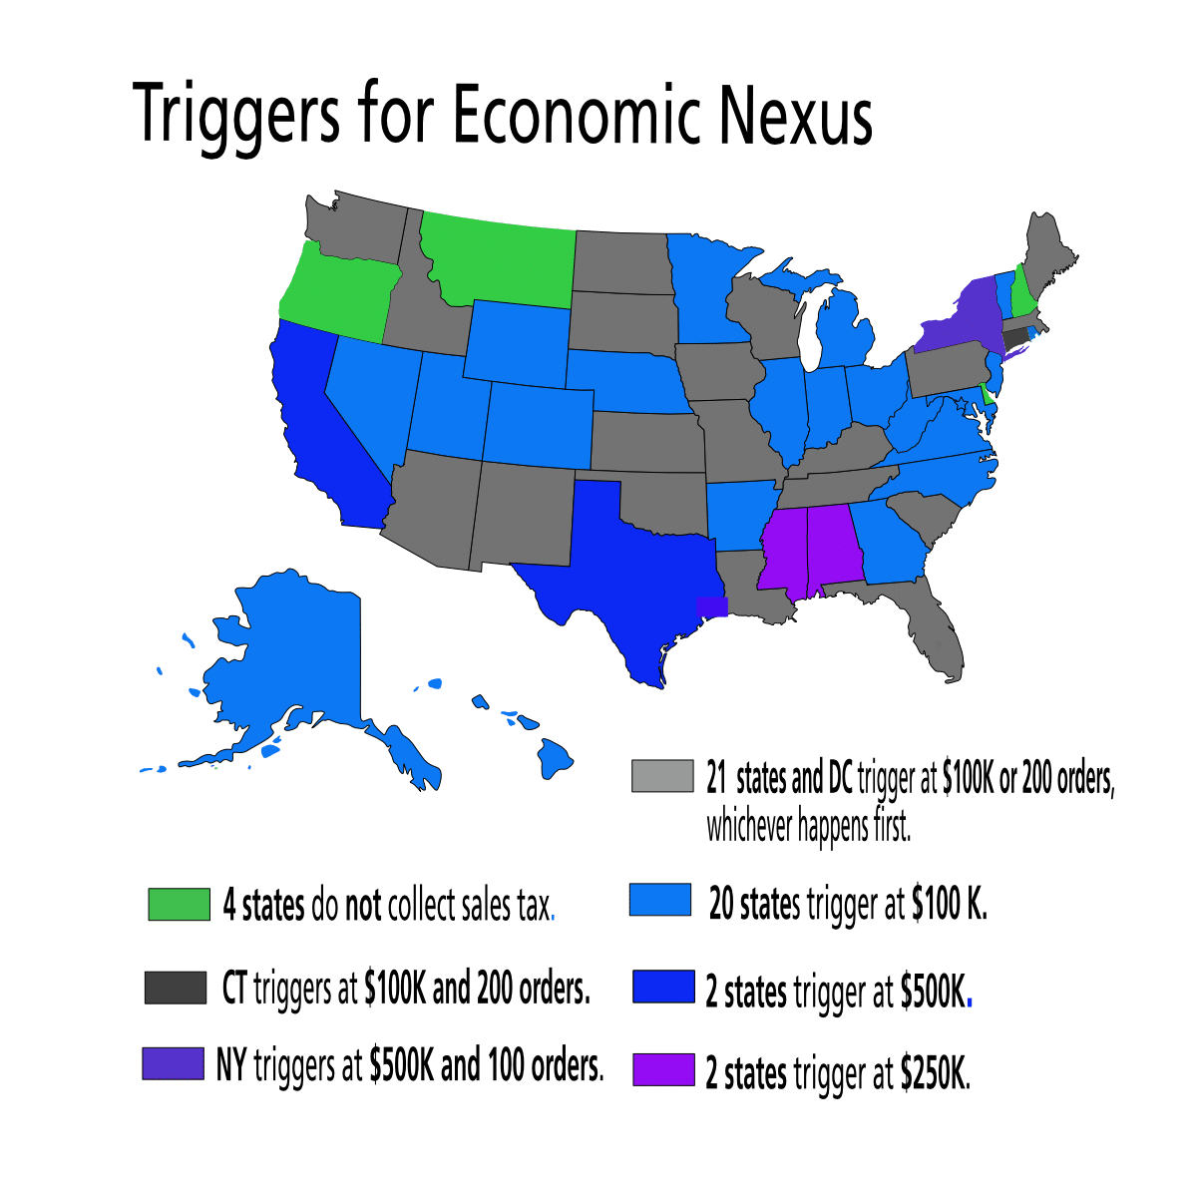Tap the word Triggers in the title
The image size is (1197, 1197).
(x=234, y=118)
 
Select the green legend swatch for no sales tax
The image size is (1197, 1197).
(x=179, y=904)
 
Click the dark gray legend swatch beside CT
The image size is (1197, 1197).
(x=175, y=988)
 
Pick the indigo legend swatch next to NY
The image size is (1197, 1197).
(x=173, y=1063)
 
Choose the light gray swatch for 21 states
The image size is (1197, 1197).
(x=661, y=775)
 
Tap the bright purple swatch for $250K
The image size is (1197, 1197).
(x=662, y=1069)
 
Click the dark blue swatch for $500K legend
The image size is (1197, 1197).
(x=662, y=987)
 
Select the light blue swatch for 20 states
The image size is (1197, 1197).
(x=660, y=900)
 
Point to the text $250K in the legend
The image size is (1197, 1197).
(x=934, y=1073)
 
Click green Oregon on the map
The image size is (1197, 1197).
(x=339, y=289)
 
